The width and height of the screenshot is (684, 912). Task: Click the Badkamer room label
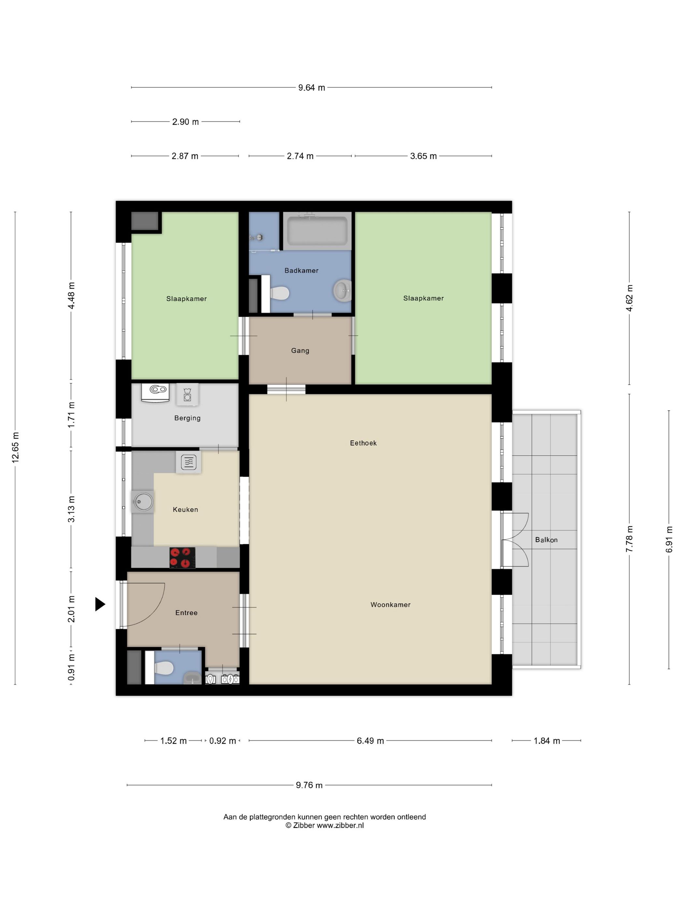tap(301, 270)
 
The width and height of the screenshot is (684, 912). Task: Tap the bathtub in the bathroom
tap(317, 231)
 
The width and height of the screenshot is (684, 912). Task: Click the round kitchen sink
tap(142, 502)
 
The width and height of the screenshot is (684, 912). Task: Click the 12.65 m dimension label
tap(16, 447)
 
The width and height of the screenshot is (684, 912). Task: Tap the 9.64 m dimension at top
tap(311, 87)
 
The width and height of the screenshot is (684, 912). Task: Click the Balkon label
tap(546, 540)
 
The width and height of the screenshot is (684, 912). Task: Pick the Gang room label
tap(300, 350)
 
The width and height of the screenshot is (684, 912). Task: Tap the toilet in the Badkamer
tap(279, 293)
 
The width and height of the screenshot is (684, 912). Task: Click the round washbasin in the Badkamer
tap(342, 290)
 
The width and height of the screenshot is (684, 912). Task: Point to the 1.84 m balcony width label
tap(546, 741)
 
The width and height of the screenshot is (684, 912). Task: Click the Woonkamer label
tap(390, 605)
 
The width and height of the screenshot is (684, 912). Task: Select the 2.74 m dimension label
tap(300, 156)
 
